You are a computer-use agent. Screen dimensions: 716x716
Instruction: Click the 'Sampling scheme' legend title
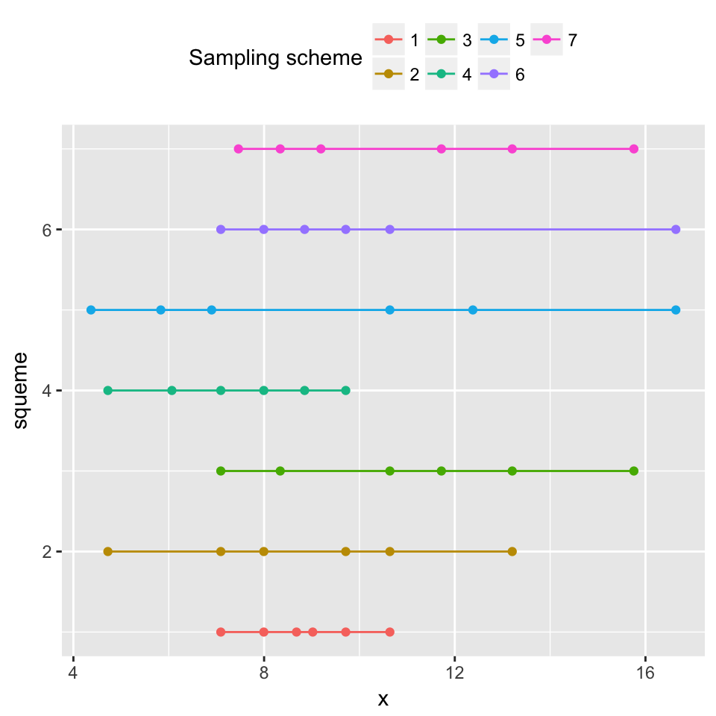pos(275,57)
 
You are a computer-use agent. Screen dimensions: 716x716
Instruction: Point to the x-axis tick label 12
pos(454,674)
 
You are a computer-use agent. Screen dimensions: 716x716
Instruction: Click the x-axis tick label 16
pos(645,674)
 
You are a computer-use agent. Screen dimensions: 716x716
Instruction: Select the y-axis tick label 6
pos(45,230)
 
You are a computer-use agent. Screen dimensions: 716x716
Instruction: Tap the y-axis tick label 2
pos(45,552)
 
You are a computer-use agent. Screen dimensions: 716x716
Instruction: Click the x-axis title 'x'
pos(383,700)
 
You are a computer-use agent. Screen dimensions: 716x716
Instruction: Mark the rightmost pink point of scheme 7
pos(634,149)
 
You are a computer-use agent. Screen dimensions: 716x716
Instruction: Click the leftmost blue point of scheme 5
pos(91,310)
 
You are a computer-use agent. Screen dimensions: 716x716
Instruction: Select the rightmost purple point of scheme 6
pos(676,230)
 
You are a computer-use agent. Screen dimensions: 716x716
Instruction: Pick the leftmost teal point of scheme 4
pos(107,391)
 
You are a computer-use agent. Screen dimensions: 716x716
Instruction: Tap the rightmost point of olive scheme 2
pos(512,552)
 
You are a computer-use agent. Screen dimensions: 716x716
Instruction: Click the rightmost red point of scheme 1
pos(390,632)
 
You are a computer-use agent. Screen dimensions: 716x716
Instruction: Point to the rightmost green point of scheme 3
pos(634,471)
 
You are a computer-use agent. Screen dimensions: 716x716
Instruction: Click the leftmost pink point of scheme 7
pos(239,149)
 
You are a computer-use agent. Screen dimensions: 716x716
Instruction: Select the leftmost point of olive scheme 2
pos(107,552)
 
